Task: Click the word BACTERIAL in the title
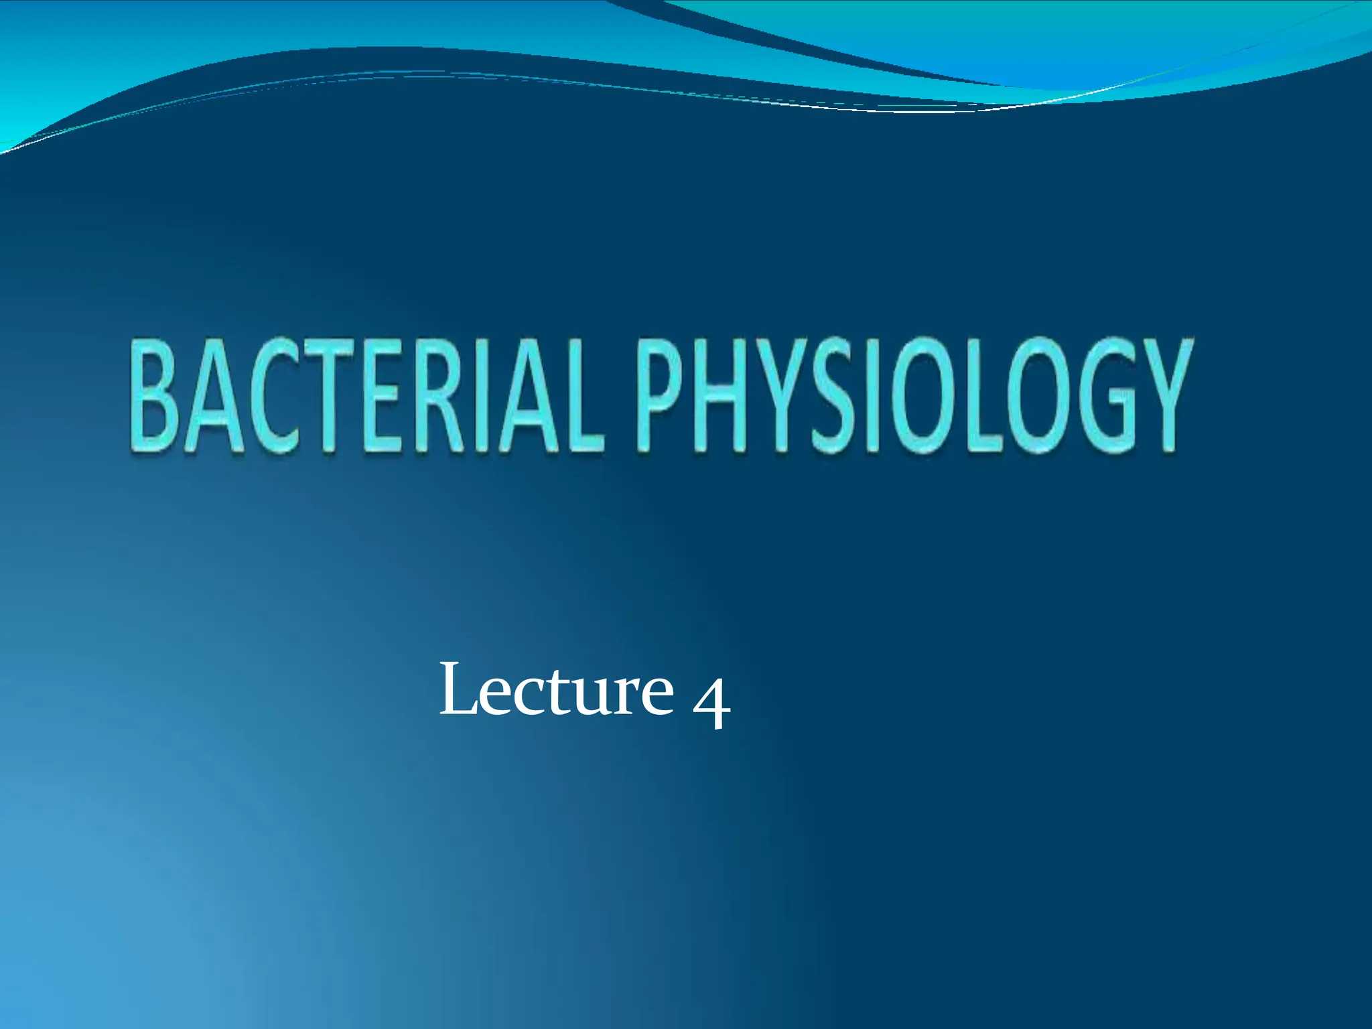pyautogui.click(x=365, y=397)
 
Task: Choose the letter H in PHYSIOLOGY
pyautogui.click(x=722, y=396)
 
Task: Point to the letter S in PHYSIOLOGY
pyautogui.click(x=831, y=396)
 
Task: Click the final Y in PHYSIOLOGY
pyautogui.click(x=1163, y=396)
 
